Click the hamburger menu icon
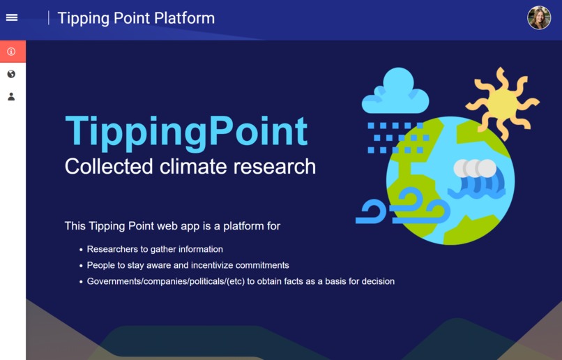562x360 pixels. point(12,17)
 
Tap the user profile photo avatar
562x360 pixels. point(539,18)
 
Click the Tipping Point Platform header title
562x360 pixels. point(136,18)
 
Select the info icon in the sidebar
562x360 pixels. point(11,52)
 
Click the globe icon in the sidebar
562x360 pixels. point(11,74)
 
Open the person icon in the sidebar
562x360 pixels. point(11,97)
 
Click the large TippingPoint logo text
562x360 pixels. point(186,130)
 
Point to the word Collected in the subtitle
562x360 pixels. point(108,167)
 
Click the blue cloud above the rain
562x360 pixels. point(395,93)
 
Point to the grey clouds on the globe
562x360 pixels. point(475,168)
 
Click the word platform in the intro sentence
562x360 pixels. point(245,226)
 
